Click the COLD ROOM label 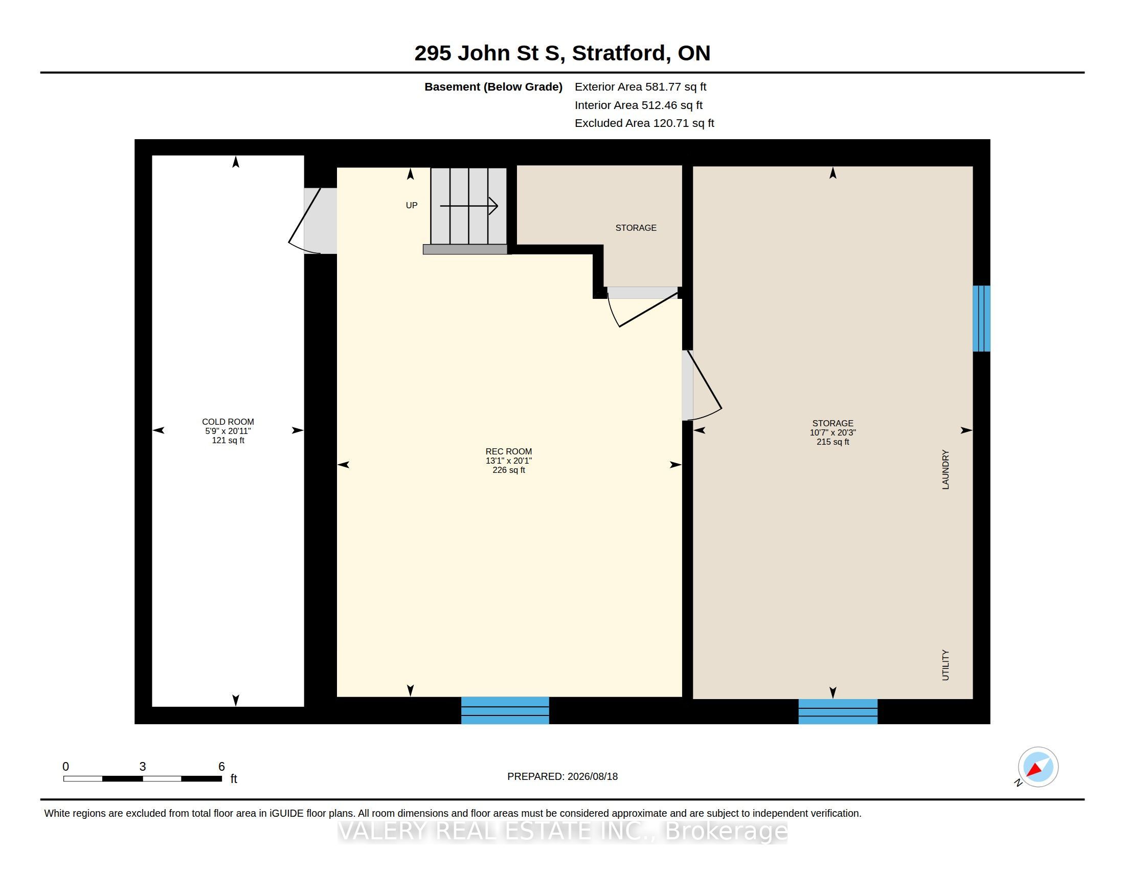tap(228, 422)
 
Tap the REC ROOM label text tap(508, 451)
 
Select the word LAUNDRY tap(945, 469)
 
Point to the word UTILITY tap(945, 665)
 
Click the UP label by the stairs tap(412, 205)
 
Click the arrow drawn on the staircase tap(469, 206)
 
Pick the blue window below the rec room tap(505, 710)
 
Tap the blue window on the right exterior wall tap(981, 318)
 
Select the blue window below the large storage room tap(838, 711)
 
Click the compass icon tap(1038, 767)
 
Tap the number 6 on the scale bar tap(221, 767)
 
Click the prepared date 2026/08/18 tap(592, 776)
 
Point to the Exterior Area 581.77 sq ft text tap(640, 86)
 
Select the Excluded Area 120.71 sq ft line tap(644, 123)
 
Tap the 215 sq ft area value tap(832, 442)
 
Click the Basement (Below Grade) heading tap(493, 86)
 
